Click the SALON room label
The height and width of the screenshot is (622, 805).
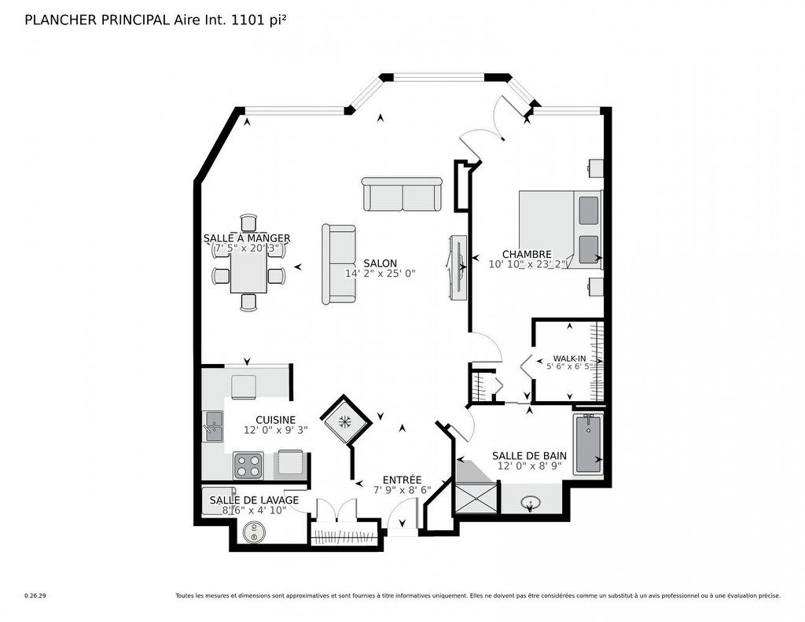click(x=380, y=263)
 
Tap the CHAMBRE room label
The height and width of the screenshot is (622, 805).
click(x=527, y=254)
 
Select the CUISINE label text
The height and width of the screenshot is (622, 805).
click(x=275, y=420)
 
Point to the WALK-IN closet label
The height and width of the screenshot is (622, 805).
click(x=569, y=358)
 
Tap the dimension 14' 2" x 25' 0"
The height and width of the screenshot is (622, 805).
click(x=380, y=274)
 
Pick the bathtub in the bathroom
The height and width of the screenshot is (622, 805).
click(x=587, y=444)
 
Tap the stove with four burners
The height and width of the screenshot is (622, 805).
click(x=248, y=465)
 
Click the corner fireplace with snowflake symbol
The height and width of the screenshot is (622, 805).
click(x=344, y=421)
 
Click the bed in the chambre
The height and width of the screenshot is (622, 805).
click(x=559, y=229)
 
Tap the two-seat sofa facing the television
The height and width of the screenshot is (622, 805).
click(x=339, y=264)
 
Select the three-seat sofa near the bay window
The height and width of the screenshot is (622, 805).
click(x=402, y=194)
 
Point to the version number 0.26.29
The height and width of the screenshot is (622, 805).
click(x=35, y=596)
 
